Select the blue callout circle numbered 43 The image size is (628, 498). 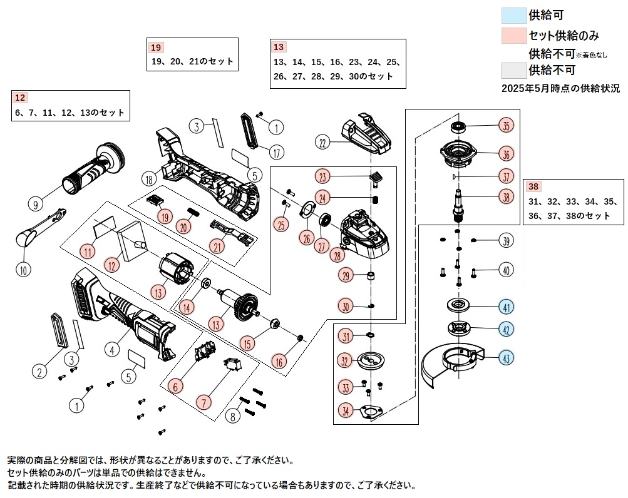click(506, 358)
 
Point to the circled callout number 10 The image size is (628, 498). click(23, 270)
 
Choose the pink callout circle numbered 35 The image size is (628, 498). click(506, 125)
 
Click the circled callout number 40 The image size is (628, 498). click(506, 271)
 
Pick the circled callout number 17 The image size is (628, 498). click(276, 151)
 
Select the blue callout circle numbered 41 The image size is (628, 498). click(506, 307)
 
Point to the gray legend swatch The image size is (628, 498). click(514, 69)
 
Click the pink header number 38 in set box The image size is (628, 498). click(533, 186)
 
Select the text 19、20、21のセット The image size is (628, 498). click(192, 61)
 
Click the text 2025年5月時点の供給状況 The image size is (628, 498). click(560, 88)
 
